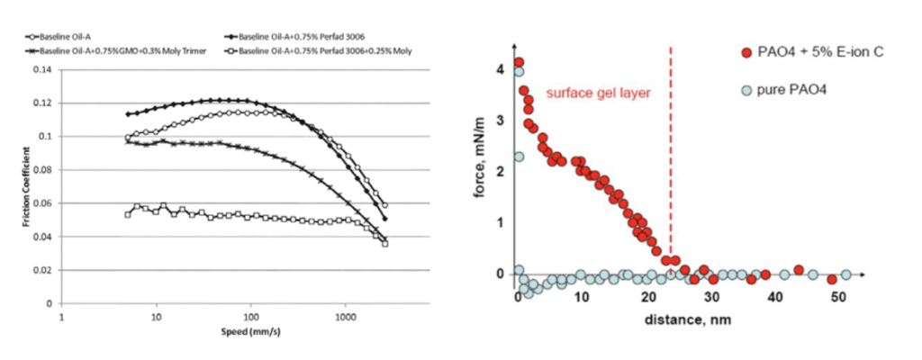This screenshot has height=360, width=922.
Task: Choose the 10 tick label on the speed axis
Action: (x=157, y=318)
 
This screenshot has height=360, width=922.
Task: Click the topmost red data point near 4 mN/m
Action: (x=519, y=62)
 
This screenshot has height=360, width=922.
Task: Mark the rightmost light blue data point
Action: (x=845, y=274)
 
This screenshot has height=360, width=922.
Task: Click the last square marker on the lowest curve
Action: (x=384, y=243)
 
